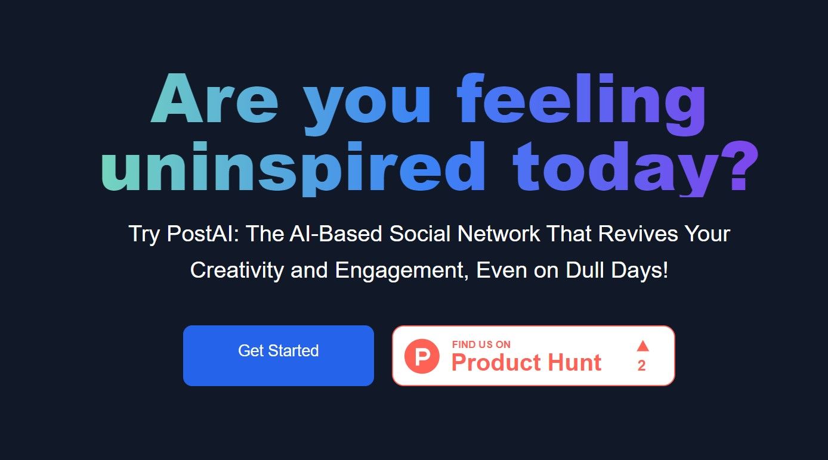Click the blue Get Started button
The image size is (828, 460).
(x=278, y=355)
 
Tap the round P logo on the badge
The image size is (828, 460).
(x=422, y=357)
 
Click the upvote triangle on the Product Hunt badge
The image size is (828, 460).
(x=642, y=346)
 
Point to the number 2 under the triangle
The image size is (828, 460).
(x=641, y=366)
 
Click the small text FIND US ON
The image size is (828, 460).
(x=481, y=344)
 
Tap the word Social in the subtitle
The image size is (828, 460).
(x=420, y=234)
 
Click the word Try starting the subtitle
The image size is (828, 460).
(x=144, y=234)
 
